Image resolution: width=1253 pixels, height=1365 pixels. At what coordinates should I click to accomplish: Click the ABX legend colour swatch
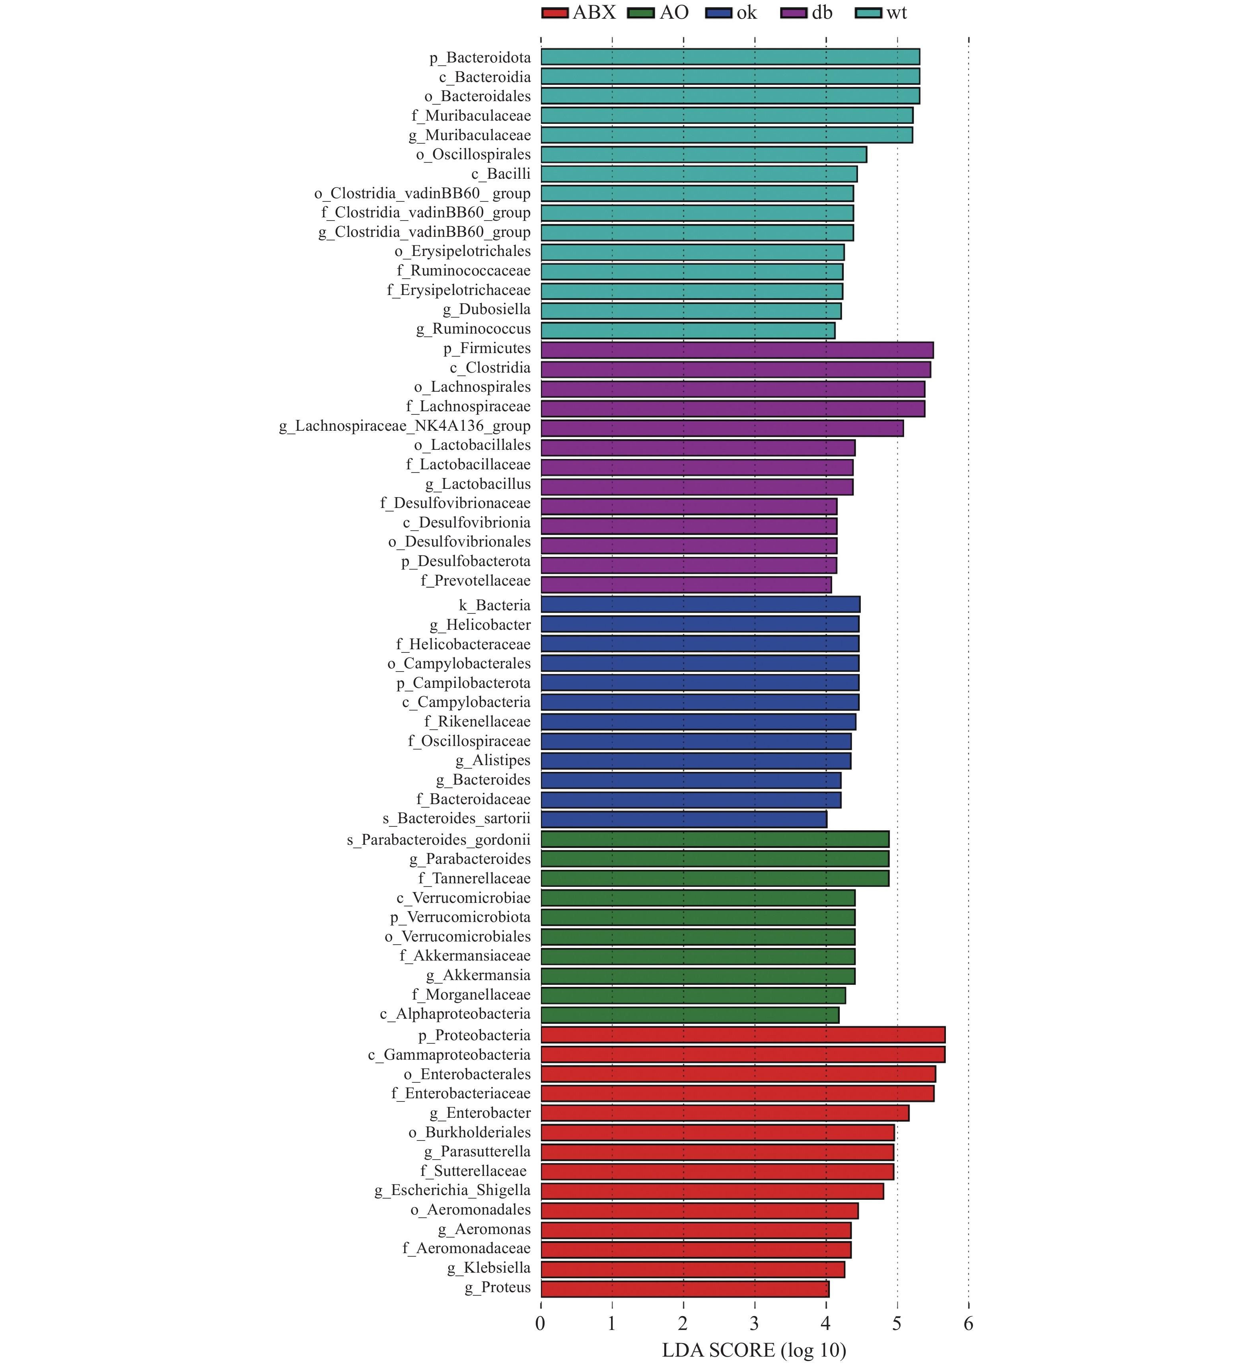point(555,13)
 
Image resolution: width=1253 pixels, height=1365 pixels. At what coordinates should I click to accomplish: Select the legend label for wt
point(896,13)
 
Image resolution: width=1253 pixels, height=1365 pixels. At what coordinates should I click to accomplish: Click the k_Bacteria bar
point(700,604)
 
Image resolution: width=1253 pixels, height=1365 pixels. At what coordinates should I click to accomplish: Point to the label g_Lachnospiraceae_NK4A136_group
point(405,426)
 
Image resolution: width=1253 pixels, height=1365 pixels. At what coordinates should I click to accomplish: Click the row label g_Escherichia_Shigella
point(452,1190)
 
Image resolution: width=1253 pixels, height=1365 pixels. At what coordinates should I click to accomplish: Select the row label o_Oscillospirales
point(473,155)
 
